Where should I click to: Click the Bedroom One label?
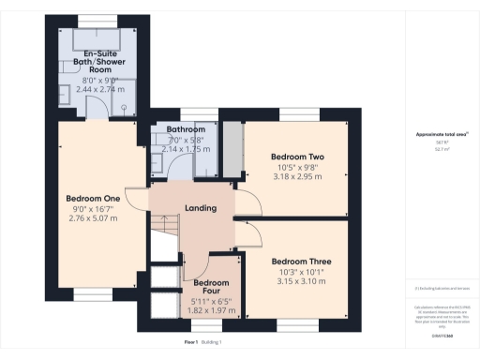coord(93,198)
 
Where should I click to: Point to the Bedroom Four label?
coord(211,286)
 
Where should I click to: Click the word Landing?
coord(201,208)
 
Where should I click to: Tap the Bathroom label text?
coord(186,128)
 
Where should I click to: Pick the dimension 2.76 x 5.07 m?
coord(93,218)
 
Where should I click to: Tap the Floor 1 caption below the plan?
coord(192,342)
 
